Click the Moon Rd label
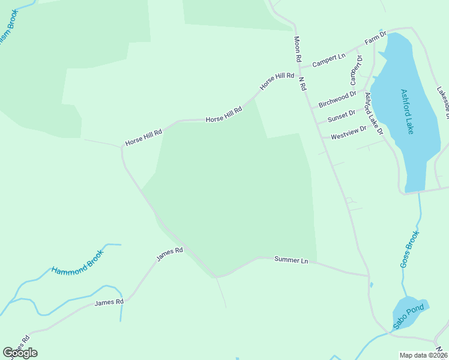tap(297, 49)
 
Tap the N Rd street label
tap(302, 83)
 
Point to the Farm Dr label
tap(375, 37)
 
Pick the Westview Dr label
tap(348, 133)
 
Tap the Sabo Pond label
tap(409, 317)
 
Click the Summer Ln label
tap(291, 260)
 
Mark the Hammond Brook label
tap(77, 262)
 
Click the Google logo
tap(20, 352)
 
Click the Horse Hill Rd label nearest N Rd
tap(277, 81)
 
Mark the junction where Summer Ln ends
tap(367, 276)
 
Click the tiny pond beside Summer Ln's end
tap(372, 284)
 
